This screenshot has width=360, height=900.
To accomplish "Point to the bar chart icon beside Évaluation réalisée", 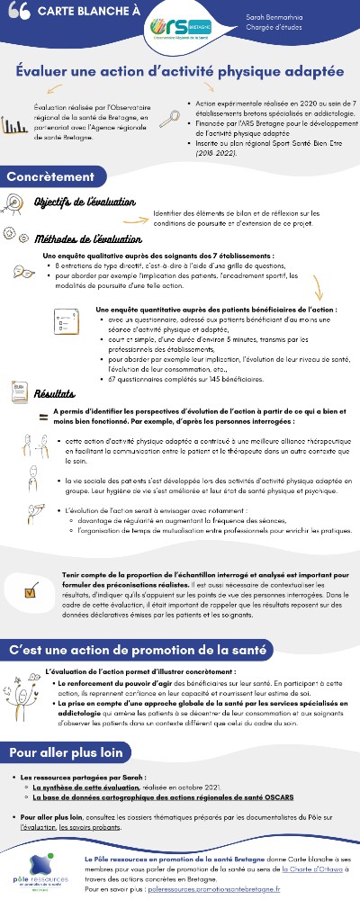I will coord(13,125).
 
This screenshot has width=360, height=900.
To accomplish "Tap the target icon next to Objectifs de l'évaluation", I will coord(19,202).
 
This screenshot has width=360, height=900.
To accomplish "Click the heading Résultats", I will coord(55,393).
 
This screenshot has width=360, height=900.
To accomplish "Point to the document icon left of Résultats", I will coord(17,391).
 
